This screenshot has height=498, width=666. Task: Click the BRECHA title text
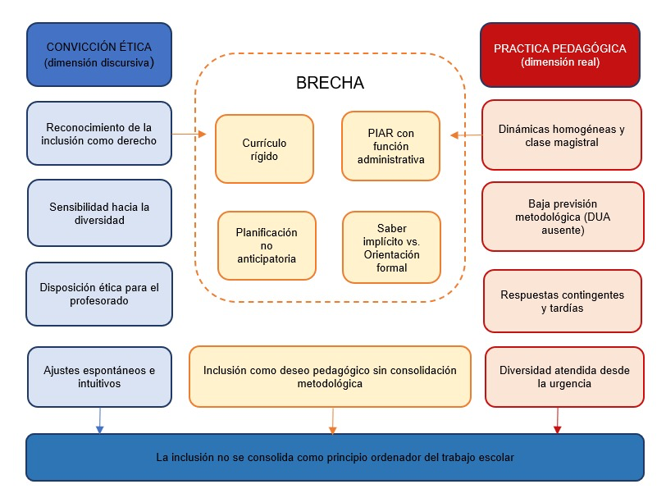(330, 83)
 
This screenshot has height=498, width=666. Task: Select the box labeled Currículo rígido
(264, 149)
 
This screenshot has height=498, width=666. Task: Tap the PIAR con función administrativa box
(390, 146)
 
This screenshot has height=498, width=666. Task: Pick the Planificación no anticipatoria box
(267, 245)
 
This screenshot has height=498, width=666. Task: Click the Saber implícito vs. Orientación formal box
(391, 248)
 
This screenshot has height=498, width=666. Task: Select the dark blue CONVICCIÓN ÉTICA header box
(99, 55)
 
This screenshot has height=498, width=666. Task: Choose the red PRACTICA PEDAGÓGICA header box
(560, 55)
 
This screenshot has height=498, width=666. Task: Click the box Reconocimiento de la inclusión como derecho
(99, 134)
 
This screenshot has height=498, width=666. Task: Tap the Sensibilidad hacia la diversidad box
(100, 212)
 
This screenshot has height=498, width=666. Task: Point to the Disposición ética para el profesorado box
(99, 294)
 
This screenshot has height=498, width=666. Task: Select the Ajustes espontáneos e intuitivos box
(100, 377)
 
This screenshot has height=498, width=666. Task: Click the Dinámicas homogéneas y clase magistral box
(562, 135)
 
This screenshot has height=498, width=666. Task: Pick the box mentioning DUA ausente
(563, 217)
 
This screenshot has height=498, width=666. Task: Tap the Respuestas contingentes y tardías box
(563, 301)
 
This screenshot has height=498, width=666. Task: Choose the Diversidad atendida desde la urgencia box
(564, 377)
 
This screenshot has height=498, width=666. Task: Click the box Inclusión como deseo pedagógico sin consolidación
(330, 377)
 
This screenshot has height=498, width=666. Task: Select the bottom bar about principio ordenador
(335, 457)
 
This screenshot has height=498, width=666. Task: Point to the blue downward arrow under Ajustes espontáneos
(100, 421)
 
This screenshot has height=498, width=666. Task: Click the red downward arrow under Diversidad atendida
(557, 421)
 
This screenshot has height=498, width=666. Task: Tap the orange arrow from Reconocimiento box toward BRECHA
(189, 134)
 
